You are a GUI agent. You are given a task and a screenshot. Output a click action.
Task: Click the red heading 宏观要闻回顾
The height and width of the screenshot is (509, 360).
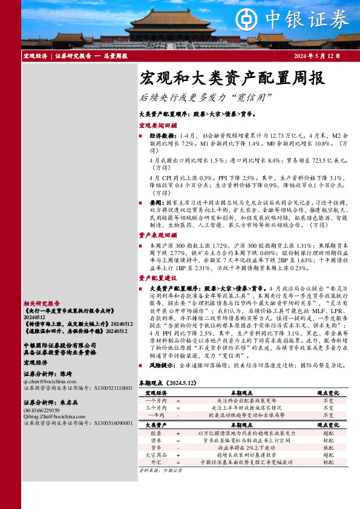click(x=158, y=126)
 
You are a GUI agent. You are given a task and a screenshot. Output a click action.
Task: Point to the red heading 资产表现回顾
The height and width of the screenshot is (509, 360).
click(x=158, y=235)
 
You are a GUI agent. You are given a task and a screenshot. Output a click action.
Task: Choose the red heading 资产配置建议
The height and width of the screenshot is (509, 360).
click(x=158, y=277)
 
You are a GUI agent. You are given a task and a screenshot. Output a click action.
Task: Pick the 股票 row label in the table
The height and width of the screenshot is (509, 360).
click(x=155, y=433)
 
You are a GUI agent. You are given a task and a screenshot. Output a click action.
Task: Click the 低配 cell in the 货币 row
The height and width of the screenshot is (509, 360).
click(x=328, y=447)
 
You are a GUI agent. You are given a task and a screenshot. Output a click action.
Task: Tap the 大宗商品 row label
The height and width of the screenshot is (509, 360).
click(x=155, y=455)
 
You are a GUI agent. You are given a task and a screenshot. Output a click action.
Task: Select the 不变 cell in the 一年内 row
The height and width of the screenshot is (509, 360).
click(x=328, y=415)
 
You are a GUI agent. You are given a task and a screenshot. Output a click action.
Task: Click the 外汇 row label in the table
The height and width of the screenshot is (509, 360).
click(x=155, y=462)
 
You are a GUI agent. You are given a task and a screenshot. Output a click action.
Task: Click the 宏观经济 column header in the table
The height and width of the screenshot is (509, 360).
click(x=155, y=393)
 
